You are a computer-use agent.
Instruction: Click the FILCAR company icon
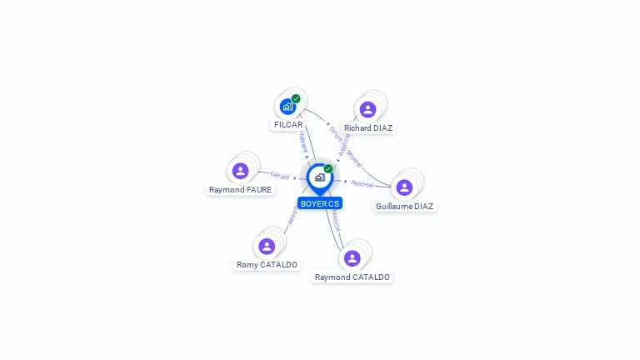(287, 107)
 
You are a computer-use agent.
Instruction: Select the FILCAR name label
(288, 125)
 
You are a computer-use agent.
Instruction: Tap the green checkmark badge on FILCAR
(296, 98)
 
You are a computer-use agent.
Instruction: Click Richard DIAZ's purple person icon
(367, 109)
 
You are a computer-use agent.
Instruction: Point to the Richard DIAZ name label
(367, 128)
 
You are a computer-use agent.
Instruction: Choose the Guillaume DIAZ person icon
(404, 187)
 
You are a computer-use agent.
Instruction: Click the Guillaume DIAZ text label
(404, 206)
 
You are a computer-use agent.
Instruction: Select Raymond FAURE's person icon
(241, 171)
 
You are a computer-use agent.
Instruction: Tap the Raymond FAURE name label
(241, 189)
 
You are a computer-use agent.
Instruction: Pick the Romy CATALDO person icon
(267, 246)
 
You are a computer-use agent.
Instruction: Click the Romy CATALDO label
(267, 265)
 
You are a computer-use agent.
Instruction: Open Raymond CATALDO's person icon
(352, 258)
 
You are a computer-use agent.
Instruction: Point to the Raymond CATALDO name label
(352, 277)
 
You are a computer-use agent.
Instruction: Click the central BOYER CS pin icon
(319, 177)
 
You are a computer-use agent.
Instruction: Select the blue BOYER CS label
(320, 203)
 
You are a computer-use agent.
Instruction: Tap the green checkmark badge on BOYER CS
(328, 168)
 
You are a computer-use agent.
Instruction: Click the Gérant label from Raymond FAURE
(279, 175)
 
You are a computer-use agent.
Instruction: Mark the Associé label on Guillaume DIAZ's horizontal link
(362, 183)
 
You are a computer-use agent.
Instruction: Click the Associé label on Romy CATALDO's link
(292, 214)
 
